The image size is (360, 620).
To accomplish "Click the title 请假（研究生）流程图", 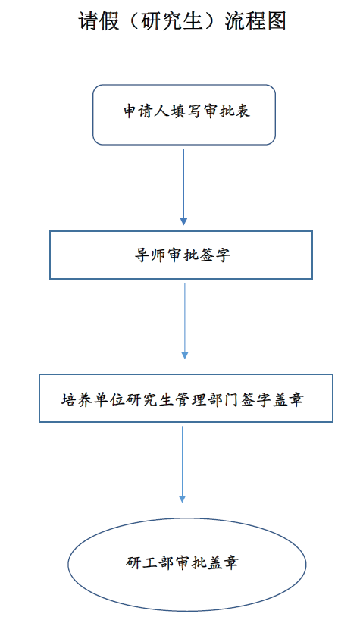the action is coord(182,21).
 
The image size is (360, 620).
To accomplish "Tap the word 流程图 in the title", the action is coord(255,21).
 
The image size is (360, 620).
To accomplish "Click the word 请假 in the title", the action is coord(99,21).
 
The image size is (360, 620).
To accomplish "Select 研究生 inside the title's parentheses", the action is coord(172,21).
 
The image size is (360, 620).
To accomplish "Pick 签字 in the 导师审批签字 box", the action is coord(214,255).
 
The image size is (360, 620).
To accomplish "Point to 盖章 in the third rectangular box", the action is coord(288,399).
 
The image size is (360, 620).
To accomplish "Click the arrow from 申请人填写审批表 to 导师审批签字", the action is coord(183,187).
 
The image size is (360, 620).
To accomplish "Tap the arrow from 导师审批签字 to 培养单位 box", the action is coord(184,321).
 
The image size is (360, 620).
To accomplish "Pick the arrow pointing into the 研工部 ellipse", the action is coord(182,464).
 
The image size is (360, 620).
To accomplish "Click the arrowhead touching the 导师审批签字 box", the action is coord(183,222).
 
